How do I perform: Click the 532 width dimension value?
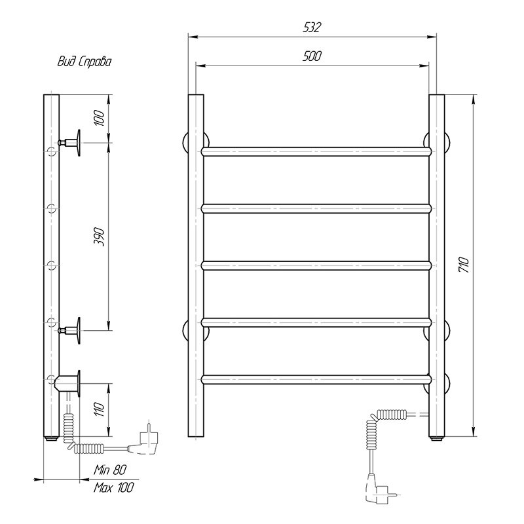[x=312, y=27]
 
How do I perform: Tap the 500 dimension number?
[x=312, y=56]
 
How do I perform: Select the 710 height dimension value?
[x=464, y=265]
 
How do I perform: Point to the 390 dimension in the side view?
[x=100, y=237]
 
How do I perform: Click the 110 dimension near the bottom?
[x=100, y=409]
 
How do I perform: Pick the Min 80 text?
[x=110, y=470]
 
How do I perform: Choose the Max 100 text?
[x=113, y=487]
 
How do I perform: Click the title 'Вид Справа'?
[x=84, y=62]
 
